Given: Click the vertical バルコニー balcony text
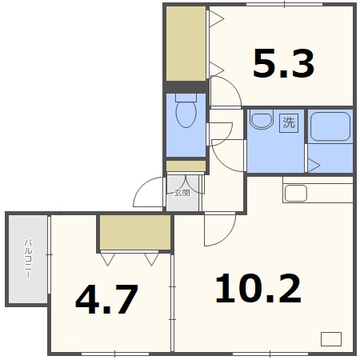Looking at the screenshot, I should click(27, 258).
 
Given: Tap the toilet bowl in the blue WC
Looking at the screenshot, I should click(186, 116).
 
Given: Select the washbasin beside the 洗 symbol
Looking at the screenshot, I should click(260, 122).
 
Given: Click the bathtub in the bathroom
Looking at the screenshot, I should click(330, 126).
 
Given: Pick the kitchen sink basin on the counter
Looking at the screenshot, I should click(296, 193).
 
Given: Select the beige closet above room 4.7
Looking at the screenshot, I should click(134, 232).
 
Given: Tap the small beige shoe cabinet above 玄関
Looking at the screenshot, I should click(185, 166).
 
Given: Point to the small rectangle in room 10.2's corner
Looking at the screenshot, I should click(330, 338).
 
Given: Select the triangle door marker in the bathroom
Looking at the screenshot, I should click(314, 166).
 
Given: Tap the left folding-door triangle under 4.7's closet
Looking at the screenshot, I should click(108, 258).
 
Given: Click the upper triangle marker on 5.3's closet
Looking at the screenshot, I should click(216, 18).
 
